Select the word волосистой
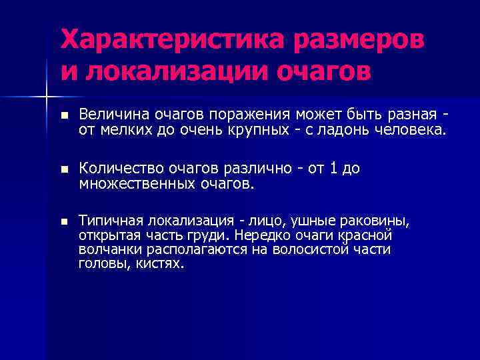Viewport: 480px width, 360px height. pyautogui.click(x=315, y=250)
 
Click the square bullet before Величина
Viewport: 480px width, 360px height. pyautogui.click(x=64, y=115)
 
